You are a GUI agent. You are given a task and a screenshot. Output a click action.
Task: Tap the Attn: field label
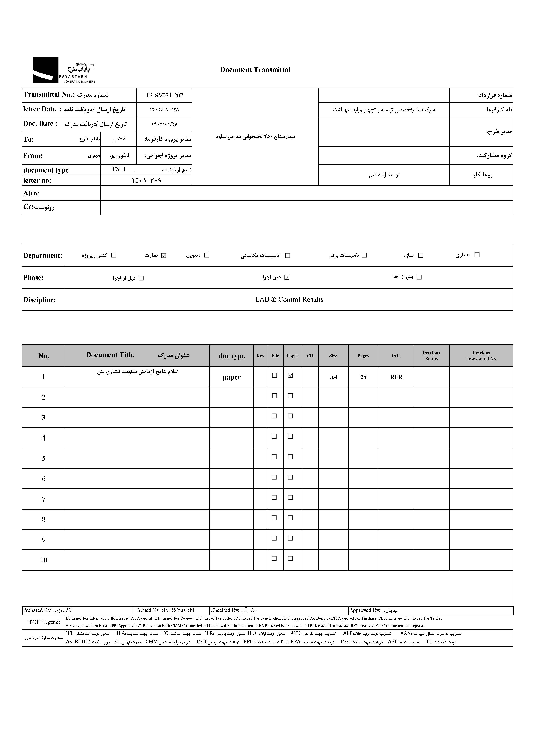click(x=31, y=193)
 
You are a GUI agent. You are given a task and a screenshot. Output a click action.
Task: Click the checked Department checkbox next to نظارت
click(x=164, y=255)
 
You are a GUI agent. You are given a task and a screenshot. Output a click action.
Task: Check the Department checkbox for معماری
click(x=477, y=255)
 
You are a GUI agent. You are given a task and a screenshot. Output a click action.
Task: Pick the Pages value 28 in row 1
click(x=363, y=377)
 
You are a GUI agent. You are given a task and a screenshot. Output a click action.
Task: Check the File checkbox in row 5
click(x=274, y=457)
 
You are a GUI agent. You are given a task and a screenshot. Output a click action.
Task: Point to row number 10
click(x=44, y=560)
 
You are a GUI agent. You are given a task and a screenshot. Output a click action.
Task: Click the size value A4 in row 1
click(x=333, y=377)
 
